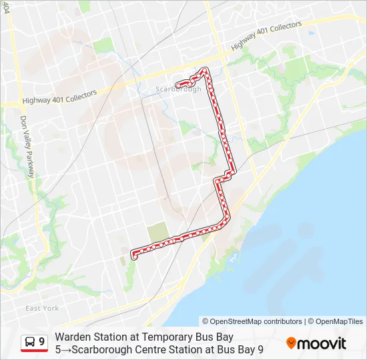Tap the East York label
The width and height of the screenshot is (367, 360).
tap(42, 308)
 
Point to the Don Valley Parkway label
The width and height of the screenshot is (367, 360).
tap(26, 146)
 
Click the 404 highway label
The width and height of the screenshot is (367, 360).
tap(7, 8)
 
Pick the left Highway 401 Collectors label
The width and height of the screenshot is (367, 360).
tap(59, 97)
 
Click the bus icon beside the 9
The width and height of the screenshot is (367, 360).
tap(30, 342)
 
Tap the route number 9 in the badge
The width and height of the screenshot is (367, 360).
tap(42, 342)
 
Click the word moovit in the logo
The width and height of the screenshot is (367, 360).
tap(322, 343)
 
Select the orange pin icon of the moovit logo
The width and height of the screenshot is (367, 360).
tap(291, 343)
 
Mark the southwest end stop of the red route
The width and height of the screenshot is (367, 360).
tap(134, 255)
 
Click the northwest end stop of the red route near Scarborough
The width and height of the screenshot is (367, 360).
tap(177, 84)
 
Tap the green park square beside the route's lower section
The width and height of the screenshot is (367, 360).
tap(157, 231)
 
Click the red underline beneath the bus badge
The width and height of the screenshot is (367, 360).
tap(34, 351)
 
